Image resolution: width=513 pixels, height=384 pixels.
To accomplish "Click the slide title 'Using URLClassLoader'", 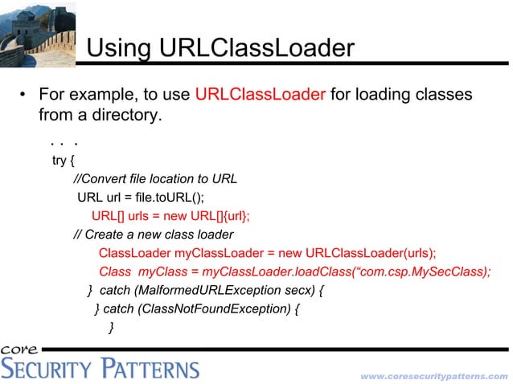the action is (x=220, y=49).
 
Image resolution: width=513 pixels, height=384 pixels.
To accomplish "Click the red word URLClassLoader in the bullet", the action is (x=260, y=95).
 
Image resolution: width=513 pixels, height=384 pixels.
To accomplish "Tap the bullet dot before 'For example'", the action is (x=24, y=96).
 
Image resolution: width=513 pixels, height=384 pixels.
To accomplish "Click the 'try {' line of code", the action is (x=64, y=160).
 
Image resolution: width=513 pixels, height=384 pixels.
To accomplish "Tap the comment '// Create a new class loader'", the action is (x=153, y=235).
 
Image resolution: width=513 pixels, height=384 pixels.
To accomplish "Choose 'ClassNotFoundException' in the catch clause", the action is (x=214, y=308).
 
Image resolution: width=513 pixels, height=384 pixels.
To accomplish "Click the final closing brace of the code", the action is (x=111, y=326).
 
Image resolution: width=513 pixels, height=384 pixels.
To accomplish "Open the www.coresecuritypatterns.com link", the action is (x=433, y=375).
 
